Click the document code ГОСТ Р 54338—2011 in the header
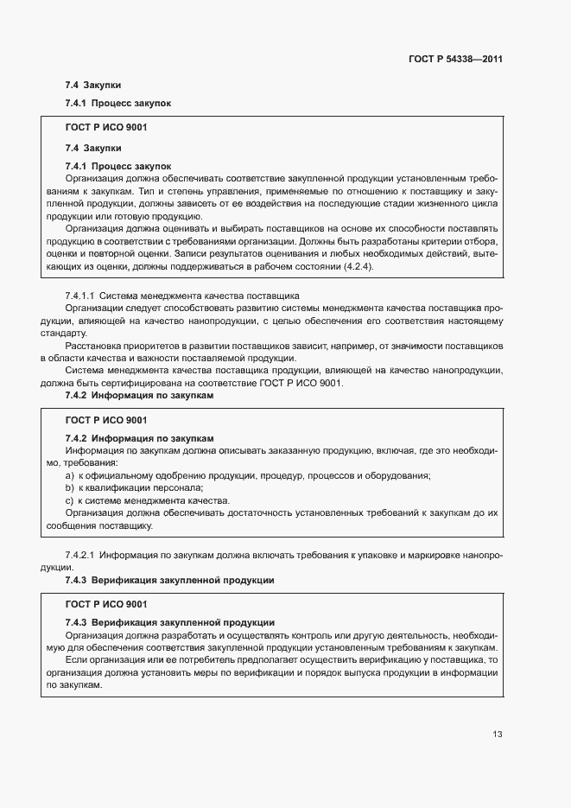[455, 60]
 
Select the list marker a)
[70, 476]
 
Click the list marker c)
[70, 500]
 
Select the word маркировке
[440, 554]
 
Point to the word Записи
[189, 254]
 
